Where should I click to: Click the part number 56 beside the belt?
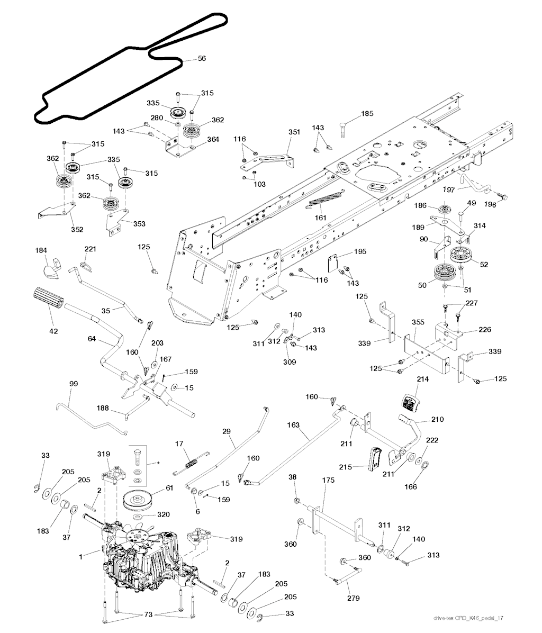(202, 59)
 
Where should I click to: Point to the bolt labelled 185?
(342, 129)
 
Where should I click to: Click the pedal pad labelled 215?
(373, 457)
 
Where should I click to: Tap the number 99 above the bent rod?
(73, 383)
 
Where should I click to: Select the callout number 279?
(353, 598)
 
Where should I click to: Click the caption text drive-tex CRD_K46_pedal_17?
(467, 618)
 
